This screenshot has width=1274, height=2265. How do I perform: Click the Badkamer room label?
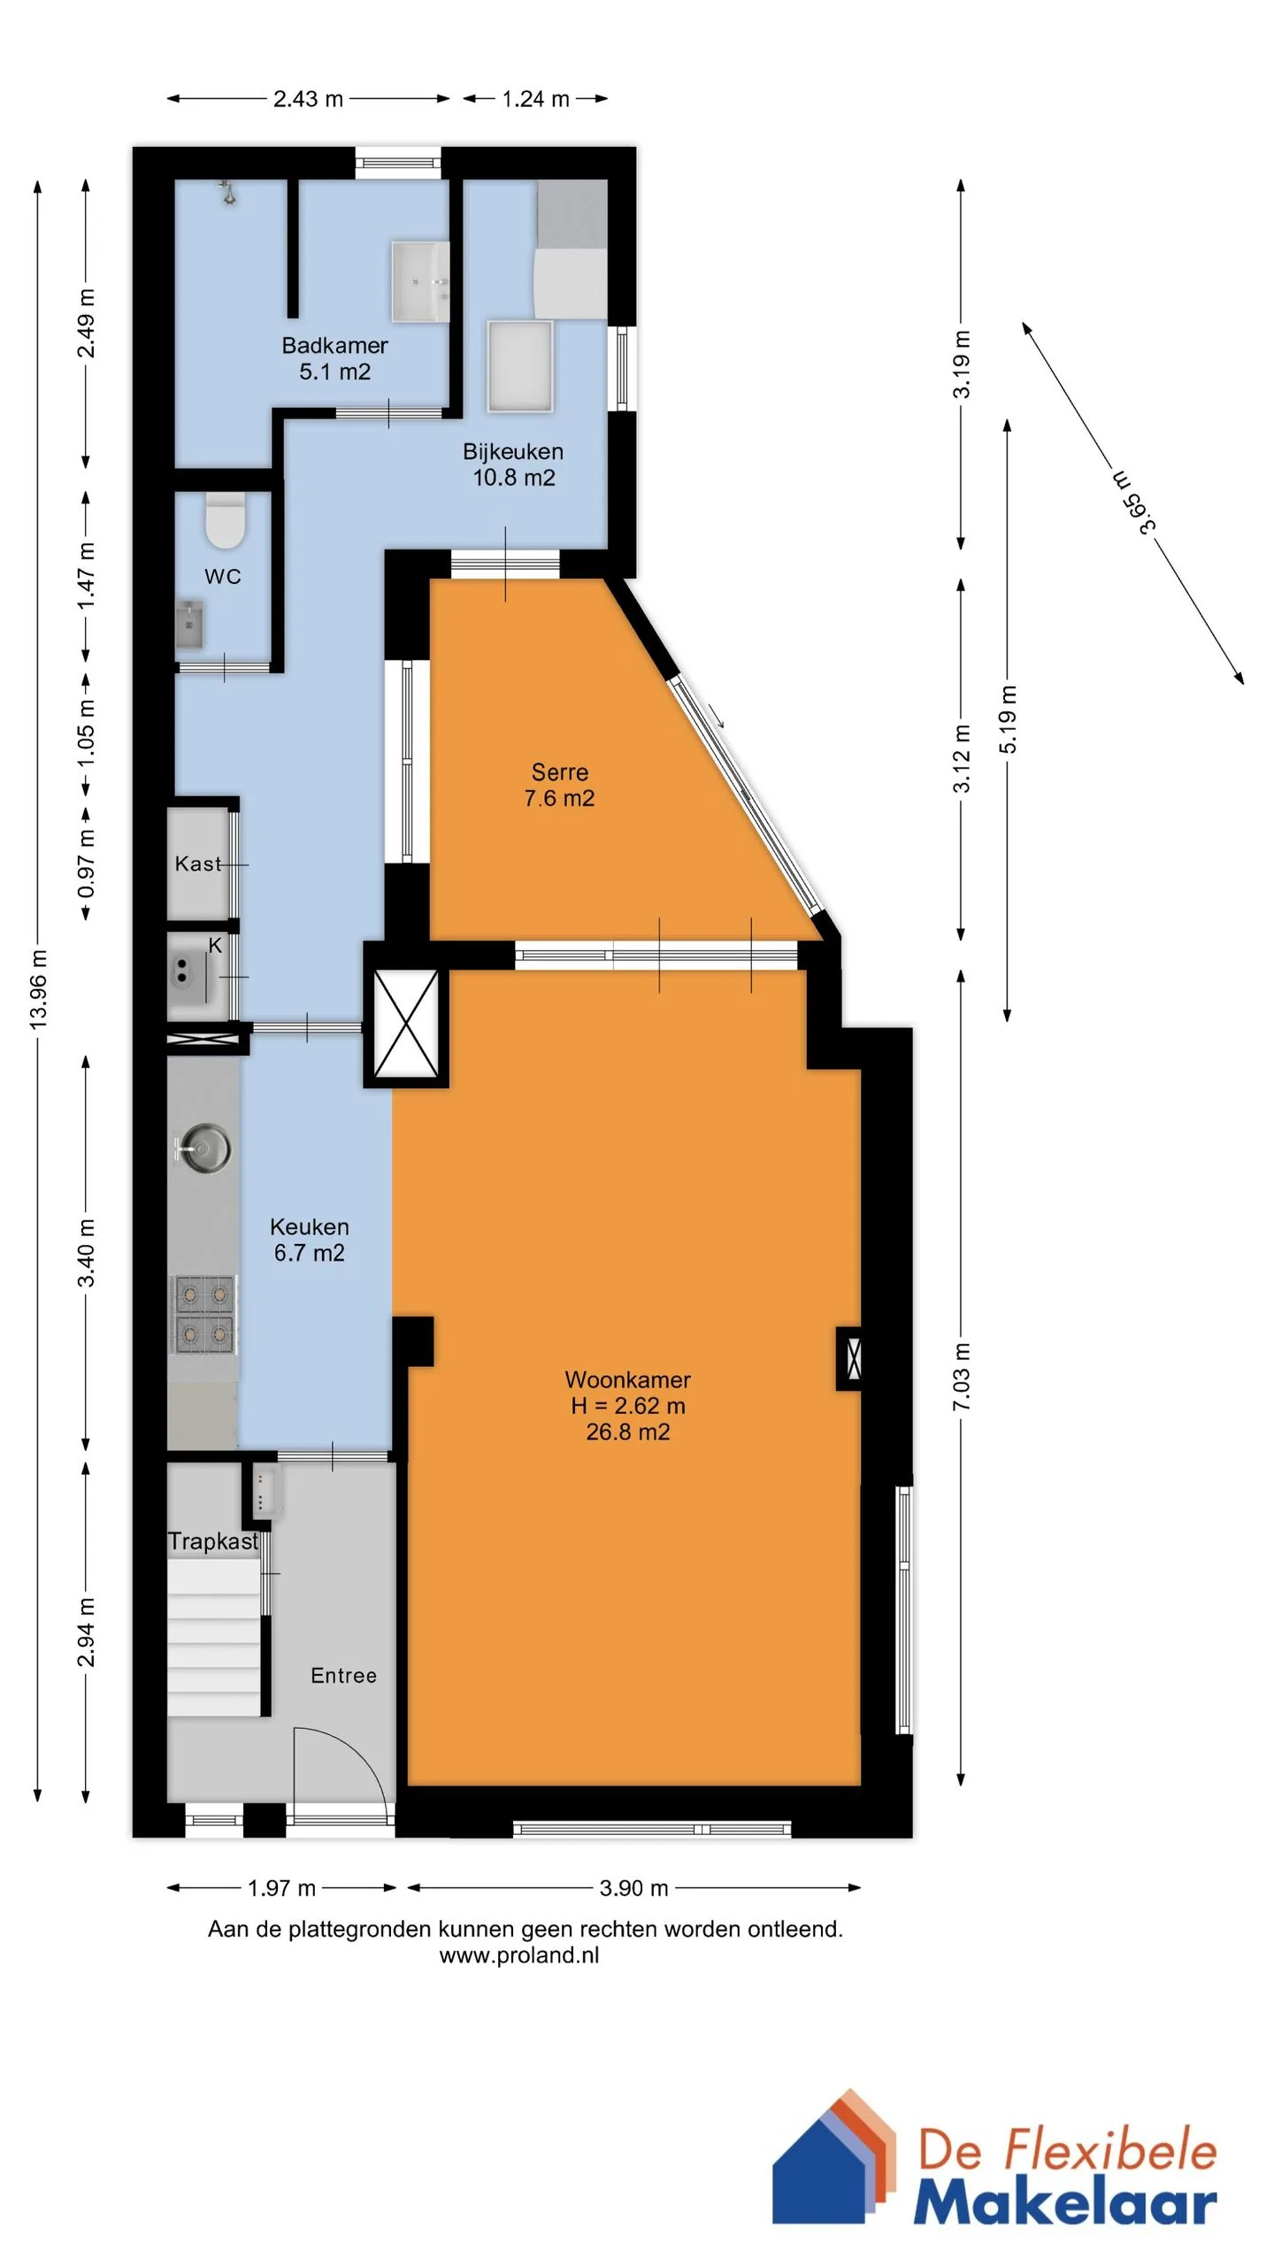click(x=334, y=345)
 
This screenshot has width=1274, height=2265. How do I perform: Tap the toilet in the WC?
click(x=226, y=520)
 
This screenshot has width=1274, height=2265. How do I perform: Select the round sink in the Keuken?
click(x=203, y=1148)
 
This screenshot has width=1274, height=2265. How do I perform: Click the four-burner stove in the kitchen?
click(x=204, y=1315)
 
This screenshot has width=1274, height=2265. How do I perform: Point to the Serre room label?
click(x=559, y=772)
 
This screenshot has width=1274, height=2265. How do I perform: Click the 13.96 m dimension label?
click(x=38, y=990)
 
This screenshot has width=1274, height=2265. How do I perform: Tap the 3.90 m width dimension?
click(x=633, y=1888)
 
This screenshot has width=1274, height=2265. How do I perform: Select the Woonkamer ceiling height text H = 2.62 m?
click(x=628, y=1406)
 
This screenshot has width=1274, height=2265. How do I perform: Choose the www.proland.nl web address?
click(x=519, y=1955)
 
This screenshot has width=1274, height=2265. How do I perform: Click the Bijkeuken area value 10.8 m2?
click(x=514, y=478)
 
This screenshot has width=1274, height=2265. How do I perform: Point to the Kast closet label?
click(x=198, y=864)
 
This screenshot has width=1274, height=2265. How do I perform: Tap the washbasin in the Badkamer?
click(x=420, y=281)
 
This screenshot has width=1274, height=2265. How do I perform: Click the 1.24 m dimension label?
click(x=535, y=99)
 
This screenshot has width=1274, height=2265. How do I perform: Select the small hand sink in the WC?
click(x=188, y=625)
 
